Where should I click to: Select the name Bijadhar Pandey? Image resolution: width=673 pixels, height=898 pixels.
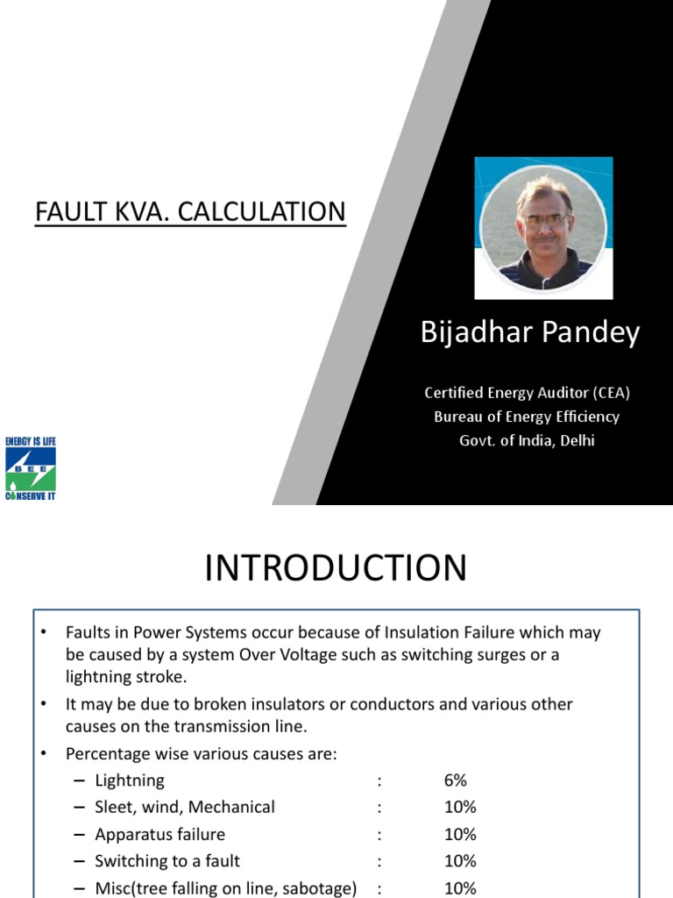click(530, 333)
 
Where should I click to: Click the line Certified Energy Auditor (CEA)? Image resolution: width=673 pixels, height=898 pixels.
click(527, 394)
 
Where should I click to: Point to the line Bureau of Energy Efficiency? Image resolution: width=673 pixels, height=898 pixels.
click(527, 417)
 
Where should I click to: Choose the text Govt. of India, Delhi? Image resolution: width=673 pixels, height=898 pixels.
click(527, 440)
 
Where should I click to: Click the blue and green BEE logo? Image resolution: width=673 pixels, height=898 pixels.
click(30, 469)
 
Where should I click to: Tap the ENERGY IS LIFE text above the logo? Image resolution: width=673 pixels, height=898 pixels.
click(30, 441)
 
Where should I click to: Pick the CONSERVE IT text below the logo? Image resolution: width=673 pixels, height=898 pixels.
click(30, 496)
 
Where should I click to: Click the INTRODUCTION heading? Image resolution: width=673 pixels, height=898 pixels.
click(336, 568)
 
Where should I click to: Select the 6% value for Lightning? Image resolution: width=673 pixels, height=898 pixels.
click(455, 780)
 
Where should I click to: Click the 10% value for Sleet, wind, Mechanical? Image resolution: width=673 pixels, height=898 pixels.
click(460, 807)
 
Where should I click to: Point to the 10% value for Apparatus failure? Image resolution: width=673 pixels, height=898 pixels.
click(460, 834)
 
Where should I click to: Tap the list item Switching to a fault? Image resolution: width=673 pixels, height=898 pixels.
click(167, 861)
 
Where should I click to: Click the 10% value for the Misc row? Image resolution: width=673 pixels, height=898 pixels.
click(460, 887)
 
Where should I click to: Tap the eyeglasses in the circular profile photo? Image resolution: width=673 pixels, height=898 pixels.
click(544, 219)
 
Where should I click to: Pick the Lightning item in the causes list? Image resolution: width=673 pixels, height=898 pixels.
click(130, 780)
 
